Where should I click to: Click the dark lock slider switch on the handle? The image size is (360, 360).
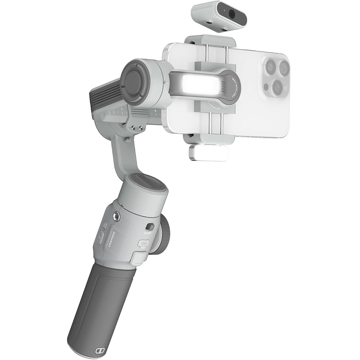[150, 227]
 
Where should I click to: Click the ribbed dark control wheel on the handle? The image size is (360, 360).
[165, 236]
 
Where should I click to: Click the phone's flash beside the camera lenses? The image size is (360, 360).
[266, 87]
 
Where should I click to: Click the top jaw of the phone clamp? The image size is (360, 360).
[210, 40]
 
